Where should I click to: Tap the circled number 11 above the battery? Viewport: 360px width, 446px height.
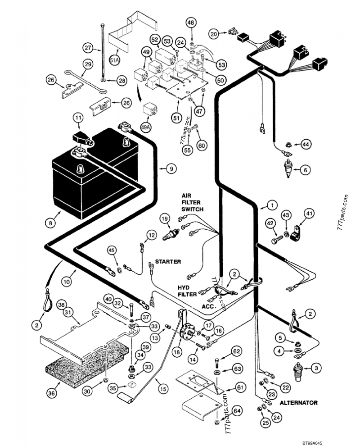tap(79, 118)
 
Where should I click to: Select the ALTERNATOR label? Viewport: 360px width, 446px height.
tap(299, 403)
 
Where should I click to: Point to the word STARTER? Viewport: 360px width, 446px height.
tap(168, 261)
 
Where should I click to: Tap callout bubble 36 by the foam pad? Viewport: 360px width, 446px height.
tap(53, 393)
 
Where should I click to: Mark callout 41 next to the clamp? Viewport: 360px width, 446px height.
tap(309, 214)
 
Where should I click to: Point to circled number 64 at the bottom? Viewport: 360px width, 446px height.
tap(238, 411)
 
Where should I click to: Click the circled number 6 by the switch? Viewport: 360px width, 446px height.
tap(305, 170)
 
